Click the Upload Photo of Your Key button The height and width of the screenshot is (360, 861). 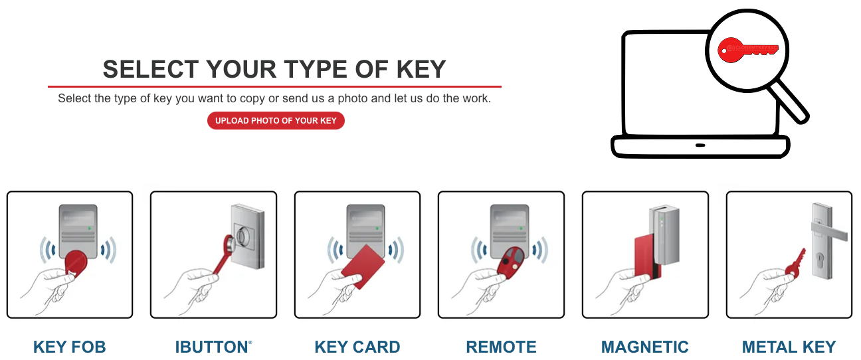pyautogui.click(x=276, y=121)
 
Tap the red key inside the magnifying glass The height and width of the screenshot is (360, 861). pyautogui.click(x=747, y=50)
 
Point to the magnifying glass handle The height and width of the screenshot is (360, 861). pyautogui.click(x=788, y=102)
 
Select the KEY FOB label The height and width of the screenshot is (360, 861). pyautogui.click(x=70, y=347)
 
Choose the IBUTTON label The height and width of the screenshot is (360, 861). pyautogui.click(x=213, y=347)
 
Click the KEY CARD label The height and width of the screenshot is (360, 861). pyautogui.click(x=357, y=347)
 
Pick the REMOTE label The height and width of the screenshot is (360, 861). pyautogui.click(x=501, y=347)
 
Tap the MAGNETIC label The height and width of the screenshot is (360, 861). pyautogui.click(x=645, y=347)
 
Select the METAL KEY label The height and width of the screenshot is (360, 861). pyautogui.click(x=789, y=347)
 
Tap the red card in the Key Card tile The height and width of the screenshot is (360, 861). pyautogui.click(x=363, y=266)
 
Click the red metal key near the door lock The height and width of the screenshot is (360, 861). pyautogui.click(x=795, y=264)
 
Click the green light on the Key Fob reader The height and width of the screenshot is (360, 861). pyautogui.click(x=90, y=228)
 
